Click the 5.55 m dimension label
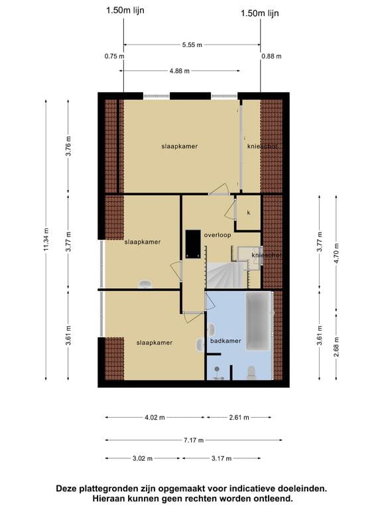tap(191, 45)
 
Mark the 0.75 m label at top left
tap(113, 56)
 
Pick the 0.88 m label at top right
tap(271, 56)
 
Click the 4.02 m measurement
tap(154, 418)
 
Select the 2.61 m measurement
tap(239, 418)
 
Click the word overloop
tap(217, 235)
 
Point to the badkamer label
tap(225, 341)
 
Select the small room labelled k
tap(249, 212)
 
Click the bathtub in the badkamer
tap(259, 322)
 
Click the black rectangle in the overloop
tap(193, 243)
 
